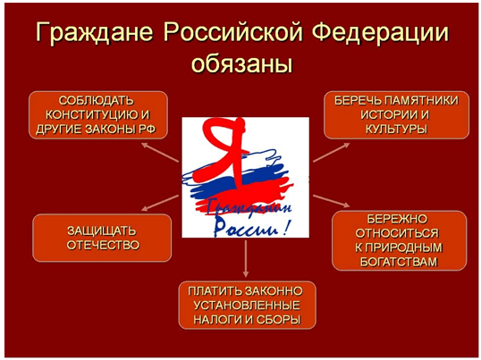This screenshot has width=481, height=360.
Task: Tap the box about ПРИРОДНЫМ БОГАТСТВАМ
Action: coord(399,240)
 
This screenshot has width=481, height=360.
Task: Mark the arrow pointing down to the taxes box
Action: coord(245,259)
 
